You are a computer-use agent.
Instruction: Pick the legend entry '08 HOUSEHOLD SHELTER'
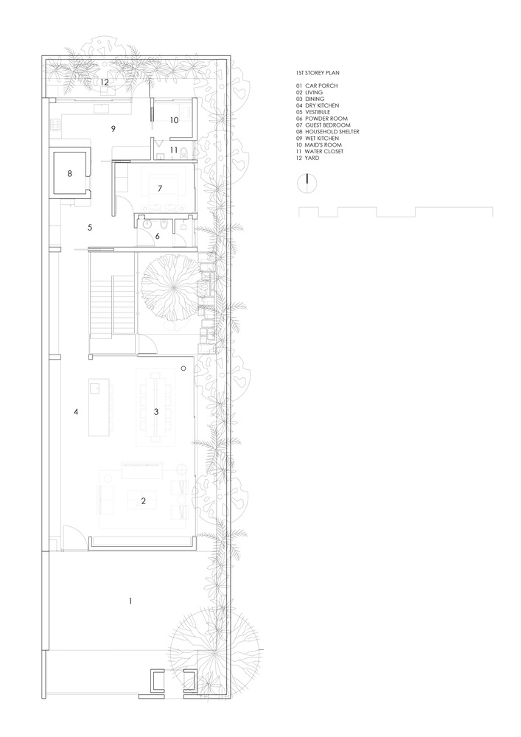pos(328,131)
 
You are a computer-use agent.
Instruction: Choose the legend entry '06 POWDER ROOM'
pos(322,118)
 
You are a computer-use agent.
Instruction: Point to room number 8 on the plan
pos(69,174)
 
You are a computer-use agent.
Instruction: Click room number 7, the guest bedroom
pos(159,188)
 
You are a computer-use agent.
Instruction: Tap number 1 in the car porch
pos(130,601)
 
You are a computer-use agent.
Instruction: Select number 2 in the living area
pos(143,501)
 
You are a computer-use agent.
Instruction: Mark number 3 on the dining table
pos(156,411)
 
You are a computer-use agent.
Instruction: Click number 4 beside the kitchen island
pos(76,411)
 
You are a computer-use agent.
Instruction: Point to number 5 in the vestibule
pos(90,228)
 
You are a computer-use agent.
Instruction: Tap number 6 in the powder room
pos(157,236)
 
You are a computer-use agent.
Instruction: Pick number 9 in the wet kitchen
pos(113,128)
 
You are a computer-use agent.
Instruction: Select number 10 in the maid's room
pos(175,119)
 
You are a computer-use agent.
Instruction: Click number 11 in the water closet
pos(174,150)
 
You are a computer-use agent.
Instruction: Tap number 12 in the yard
pos(105,82)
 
